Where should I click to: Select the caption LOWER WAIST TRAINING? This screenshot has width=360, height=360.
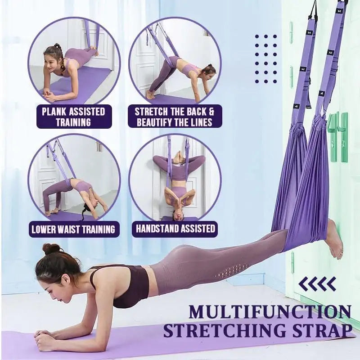(73, 229)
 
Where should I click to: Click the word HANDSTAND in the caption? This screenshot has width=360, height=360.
(157, 229)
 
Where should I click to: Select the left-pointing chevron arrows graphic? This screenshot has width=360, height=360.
(317, 283)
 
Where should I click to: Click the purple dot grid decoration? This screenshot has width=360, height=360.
(266, 58)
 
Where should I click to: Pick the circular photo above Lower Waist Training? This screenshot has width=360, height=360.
(74, 180)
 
